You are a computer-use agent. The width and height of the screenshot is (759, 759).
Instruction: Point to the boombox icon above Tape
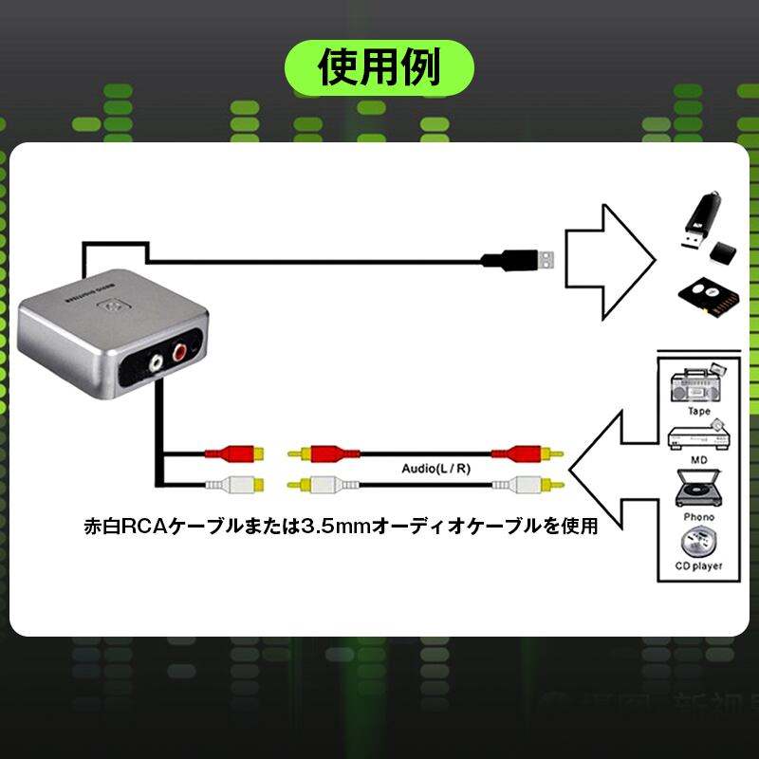[698, 384]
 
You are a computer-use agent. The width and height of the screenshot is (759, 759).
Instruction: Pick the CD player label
[698, 566]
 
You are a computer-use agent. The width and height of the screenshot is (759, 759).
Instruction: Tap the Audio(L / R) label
[437, 468]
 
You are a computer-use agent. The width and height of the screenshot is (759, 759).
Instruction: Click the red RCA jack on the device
[180, 354]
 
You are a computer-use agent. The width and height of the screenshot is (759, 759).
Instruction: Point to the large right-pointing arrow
[612, 261]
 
